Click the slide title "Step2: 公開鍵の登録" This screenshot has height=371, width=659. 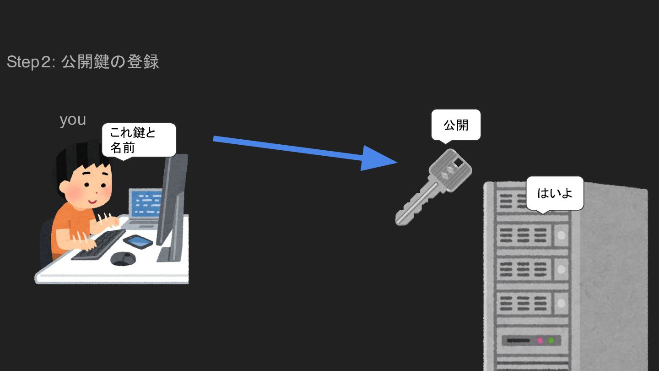click(83, 62)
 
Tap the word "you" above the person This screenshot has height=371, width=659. click(73, 120)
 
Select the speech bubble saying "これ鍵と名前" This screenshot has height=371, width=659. click(138, 140)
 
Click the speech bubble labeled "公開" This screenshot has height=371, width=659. click(456, 125)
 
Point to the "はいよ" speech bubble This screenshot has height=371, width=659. click(555, 193)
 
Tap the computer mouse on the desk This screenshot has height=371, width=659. click(123, 258)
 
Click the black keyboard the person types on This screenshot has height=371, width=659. click(98, 245)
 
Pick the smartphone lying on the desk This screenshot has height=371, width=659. click(138, 241)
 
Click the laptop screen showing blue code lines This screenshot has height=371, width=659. click(146, 202)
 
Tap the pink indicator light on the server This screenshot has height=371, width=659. click(540, 341)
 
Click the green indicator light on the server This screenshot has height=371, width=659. click(551, 341)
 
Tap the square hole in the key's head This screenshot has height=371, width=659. click(458, 162)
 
